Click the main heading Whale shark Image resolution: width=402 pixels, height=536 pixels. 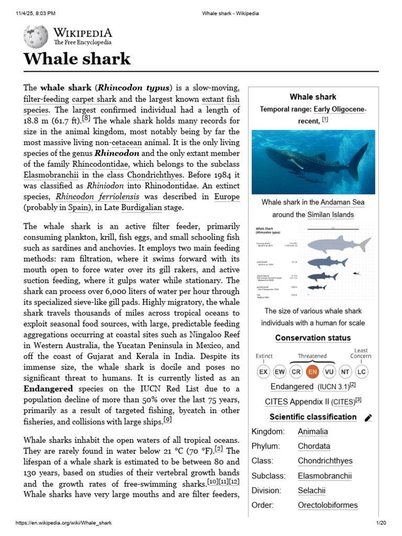click(x=77, y=59)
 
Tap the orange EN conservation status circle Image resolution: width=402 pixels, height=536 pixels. click(x=312, y=371)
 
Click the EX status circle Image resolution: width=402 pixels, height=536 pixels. click(x=263, y=371)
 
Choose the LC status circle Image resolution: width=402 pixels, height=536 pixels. click(x=361, y=371)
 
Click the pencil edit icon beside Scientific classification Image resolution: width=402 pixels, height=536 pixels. click(x=368, y=418)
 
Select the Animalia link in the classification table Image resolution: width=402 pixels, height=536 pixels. click(x=313, y=431)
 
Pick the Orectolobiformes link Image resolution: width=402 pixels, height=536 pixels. click(x=328, y=505)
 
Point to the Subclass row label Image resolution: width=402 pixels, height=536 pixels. click(x=269, y=476)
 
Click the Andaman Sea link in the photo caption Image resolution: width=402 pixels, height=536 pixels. click(x=342, y=202)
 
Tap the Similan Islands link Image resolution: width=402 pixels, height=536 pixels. click(x=330, y=215)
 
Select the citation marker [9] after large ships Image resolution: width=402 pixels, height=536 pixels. click(x=167, y=420)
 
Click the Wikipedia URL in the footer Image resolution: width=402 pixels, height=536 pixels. click(x=64, y=523)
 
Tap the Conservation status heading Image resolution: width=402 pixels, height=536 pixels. click(x=312, y=338)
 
